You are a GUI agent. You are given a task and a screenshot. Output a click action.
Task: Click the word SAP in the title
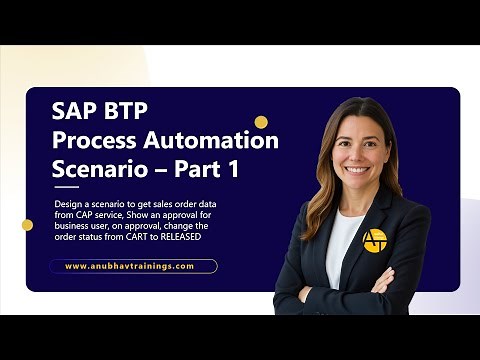[72, 110]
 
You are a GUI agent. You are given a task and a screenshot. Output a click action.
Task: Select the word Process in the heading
[96, 140]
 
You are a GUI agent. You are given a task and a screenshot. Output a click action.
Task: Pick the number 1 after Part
[231, 170]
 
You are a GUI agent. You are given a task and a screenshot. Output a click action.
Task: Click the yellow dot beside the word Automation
[261, 122]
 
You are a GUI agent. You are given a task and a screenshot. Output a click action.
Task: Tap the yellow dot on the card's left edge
[27, 225]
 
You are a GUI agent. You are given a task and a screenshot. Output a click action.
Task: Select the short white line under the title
[66, 187]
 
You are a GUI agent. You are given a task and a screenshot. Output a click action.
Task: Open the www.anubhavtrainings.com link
[134, 266]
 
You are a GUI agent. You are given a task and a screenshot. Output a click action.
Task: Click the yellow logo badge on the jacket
[375, 240]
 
